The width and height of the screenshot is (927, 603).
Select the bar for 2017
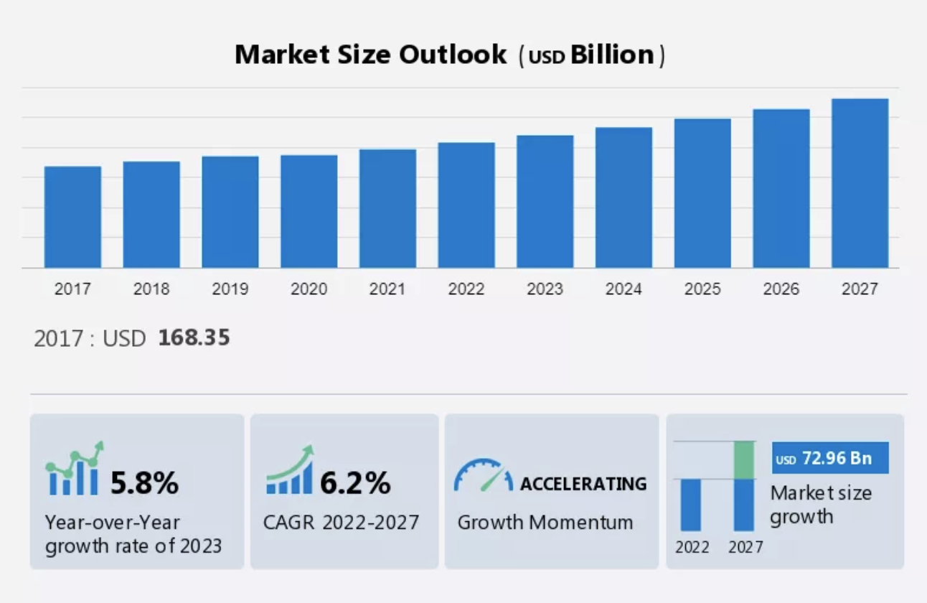[x=72, y=217]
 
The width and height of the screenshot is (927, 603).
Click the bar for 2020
[x=309, y=212]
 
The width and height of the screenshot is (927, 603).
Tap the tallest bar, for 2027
[x=860, y=183]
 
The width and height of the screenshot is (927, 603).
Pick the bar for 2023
[x=545, y=202]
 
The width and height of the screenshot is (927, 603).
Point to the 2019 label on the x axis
[x=230, y=289]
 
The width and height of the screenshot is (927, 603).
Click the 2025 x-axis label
[x=702, y=289]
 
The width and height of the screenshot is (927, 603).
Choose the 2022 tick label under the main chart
[x=466, y=289]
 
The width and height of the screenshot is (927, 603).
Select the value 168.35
[x=194, y=337]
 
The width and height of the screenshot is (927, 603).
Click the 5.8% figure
[x=144, y=483]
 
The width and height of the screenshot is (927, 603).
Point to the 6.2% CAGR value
[x=355, y=483]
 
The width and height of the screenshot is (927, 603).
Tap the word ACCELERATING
[x=583, y=484]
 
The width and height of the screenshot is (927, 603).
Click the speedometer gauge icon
[x=482, y=475]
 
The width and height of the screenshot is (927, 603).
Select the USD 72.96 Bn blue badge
[x=830, y=458]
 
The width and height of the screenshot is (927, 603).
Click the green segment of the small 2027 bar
[x=744, y=459]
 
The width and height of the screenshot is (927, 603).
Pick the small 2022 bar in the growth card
[x=691, y=505]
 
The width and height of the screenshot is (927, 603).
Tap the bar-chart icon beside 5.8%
[x=74, y=469]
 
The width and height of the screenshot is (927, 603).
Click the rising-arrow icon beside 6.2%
[x=290, y=470]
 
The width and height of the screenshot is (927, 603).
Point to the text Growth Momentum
[x=545, y=522]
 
